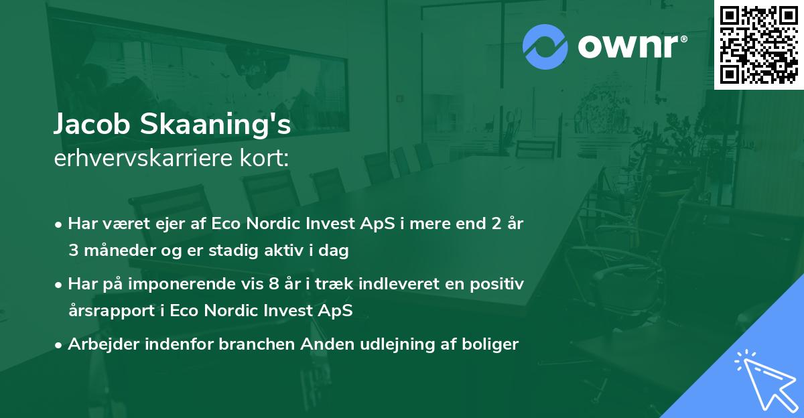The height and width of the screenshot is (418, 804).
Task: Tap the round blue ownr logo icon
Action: tap(545, 47)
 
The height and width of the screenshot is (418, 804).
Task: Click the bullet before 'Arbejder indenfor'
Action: tap(60, 346)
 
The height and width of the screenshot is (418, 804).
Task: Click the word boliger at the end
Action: tap(494, 345)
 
